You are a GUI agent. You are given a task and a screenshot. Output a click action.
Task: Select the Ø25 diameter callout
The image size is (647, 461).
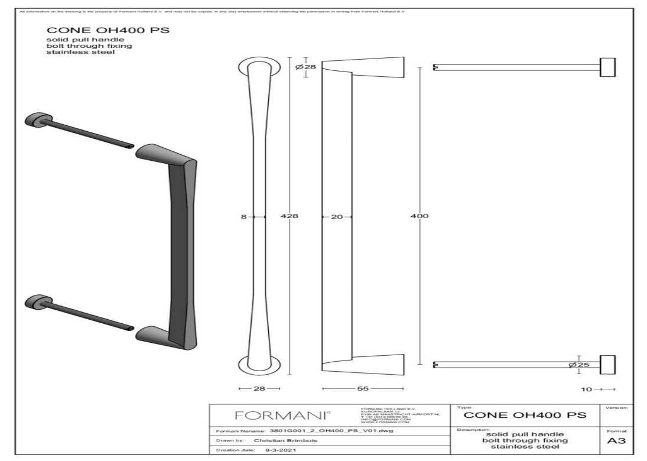[578, 365]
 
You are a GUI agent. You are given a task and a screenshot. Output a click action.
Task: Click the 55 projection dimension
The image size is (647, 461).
[362, 388]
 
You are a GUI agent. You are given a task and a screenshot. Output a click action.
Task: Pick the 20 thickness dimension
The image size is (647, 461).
[337, 217]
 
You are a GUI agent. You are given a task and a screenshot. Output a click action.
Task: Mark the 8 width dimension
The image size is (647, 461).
[243, 217]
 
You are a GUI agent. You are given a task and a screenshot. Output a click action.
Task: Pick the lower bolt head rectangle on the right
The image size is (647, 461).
[607, 365]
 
